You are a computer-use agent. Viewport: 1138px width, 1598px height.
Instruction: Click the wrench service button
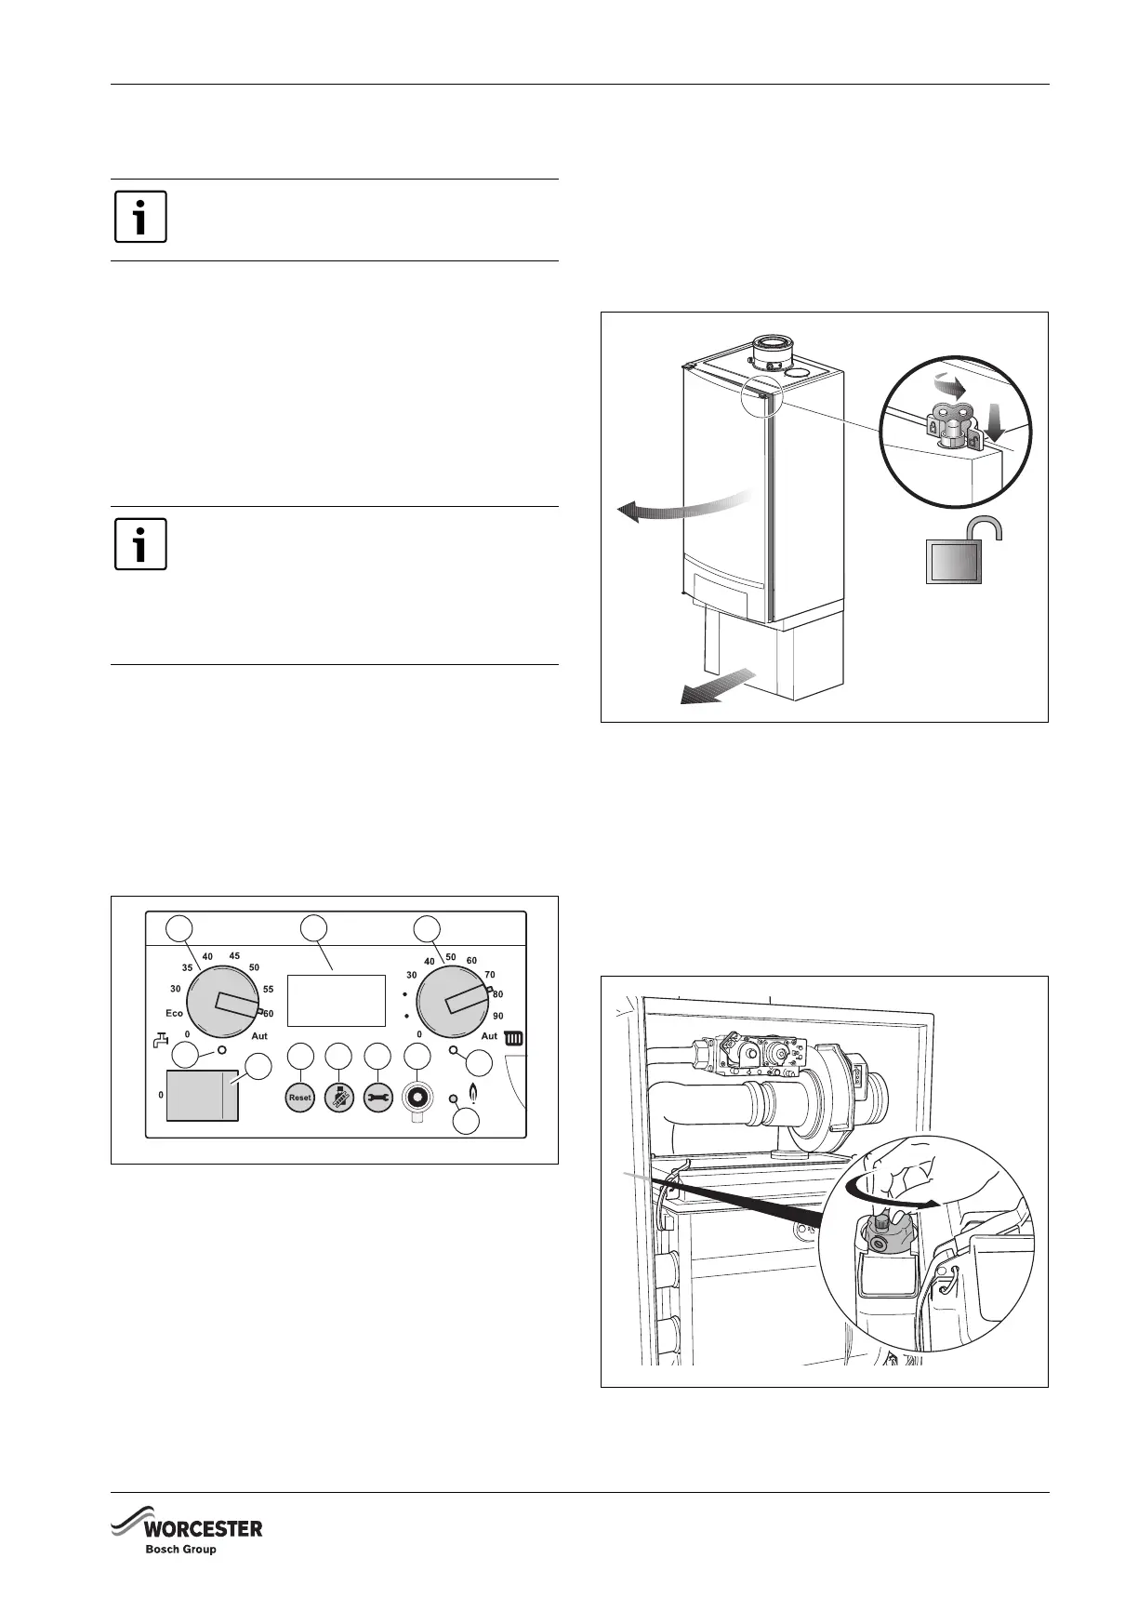(x=377, y=1098)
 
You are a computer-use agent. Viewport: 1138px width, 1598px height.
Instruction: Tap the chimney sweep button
(x=339, y=1098)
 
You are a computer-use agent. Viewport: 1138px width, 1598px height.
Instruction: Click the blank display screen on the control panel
(x=336, y=1000)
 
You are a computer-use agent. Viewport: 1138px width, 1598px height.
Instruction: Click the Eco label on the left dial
(x=174, y=1013)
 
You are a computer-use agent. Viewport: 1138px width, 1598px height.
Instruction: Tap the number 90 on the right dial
(x=498, y=1016)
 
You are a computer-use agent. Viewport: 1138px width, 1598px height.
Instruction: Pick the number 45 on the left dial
(x=234, y=956)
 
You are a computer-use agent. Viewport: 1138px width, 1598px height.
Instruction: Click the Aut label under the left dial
(x=259, y=1035)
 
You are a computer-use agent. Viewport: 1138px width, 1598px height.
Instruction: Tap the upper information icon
(x=140, y=217)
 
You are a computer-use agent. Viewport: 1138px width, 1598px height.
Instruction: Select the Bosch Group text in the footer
(x=179, y=1550)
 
